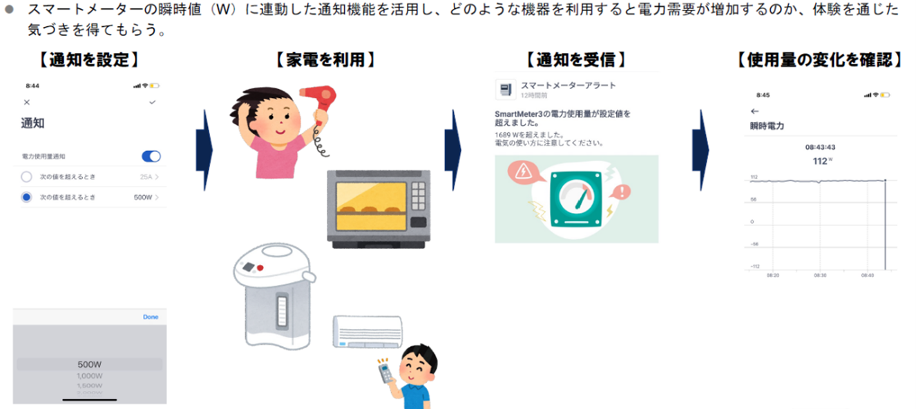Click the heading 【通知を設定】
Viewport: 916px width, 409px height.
point(89,59)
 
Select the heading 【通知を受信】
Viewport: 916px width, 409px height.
point(576,59)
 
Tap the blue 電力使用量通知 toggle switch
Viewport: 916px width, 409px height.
point(151,157)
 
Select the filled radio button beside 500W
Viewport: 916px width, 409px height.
point(27,197)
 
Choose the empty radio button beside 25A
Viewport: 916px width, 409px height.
point(27,177)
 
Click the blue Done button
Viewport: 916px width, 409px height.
point(150,317)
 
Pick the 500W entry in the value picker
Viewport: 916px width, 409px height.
point(90,364)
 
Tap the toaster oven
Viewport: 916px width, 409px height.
point(379,208)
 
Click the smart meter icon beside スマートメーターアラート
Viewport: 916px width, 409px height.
point(506,89)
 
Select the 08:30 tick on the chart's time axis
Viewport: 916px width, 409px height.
point(820,275)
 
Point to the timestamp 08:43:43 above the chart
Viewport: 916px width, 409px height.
point(820,147)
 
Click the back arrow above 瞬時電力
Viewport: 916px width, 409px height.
point(754,111)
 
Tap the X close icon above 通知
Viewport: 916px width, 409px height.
point(26,102)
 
